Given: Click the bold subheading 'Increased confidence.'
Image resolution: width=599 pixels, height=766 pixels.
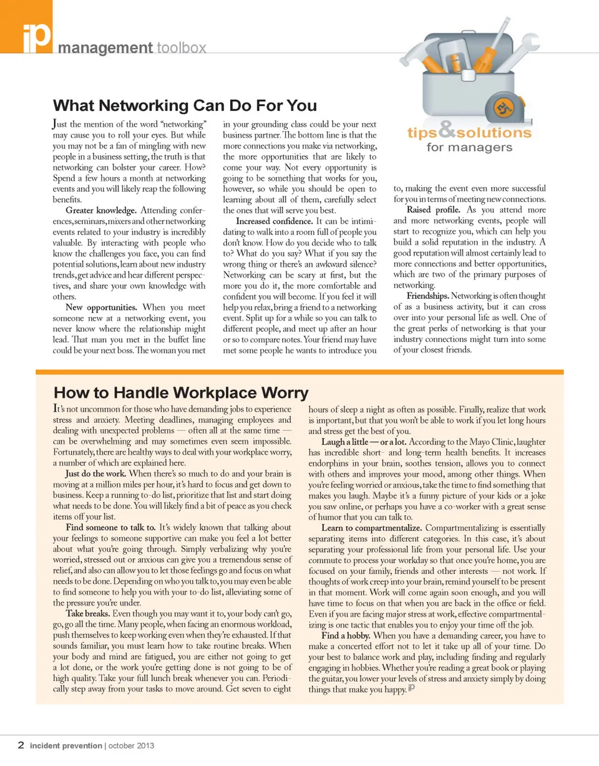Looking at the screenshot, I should (x=274, y=221).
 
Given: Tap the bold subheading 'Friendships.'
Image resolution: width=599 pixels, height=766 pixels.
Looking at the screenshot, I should (x=427, y=296).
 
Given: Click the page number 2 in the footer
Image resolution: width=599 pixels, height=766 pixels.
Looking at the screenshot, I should (x=21, y=745).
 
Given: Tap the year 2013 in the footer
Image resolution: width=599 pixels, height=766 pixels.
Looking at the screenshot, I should (x=144, y=745).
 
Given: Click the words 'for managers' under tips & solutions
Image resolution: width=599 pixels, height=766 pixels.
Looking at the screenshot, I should (x=469, y=148).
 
